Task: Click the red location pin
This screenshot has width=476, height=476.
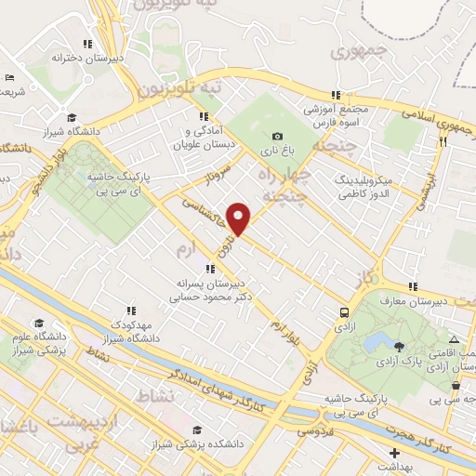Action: pos(239,218)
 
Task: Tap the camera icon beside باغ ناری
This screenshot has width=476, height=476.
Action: pos(277,138)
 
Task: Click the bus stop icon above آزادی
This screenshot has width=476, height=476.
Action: pos(344,313)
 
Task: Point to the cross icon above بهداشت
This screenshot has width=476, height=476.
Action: pos(394,452)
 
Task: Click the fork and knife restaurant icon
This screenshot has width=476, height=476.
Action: pos(443,142)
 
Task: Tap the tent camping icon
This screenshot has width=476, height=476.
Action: pos(454,340)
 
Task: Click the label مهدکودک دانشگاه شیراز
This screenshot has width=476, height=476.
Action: pos(131,330)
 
